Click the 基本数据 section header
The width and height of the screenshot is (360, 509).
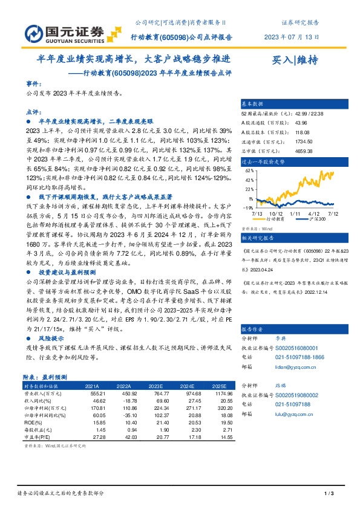pyautogui.click(x=253, y=103)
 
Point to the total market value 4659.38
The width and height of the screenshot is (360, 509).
pyautogui.click(x=287, y=152)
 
